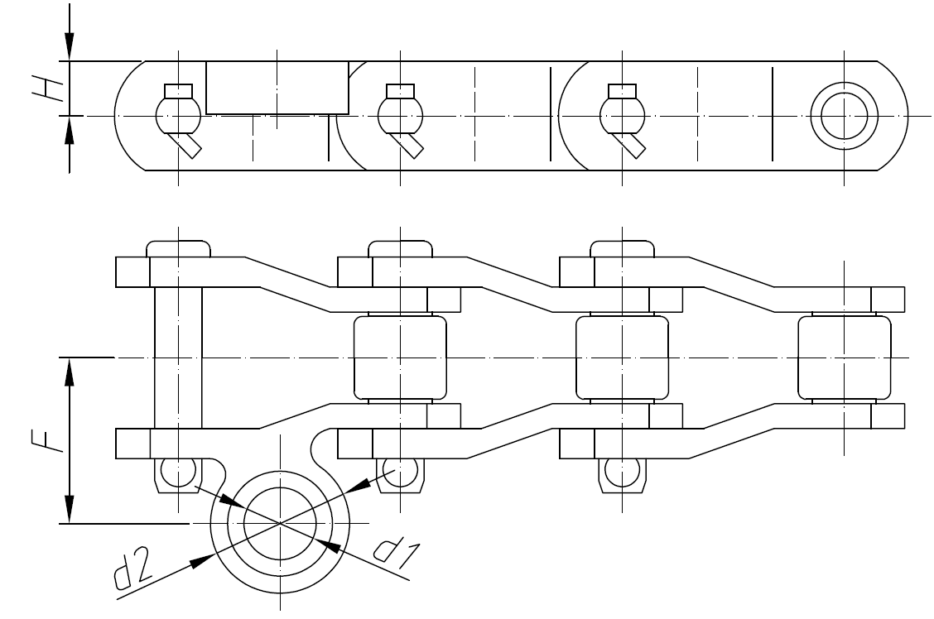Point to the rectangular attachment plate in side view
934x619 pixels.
(x=277, y=87)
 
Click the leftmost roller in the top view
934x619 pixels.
(x=400, y=357)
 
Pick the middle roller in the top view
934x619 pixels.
(x=621, y=357)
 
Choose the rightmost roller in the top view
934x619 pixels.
(x=843, y=357)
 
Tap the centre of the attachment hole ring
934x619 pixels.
(x=281, y=523)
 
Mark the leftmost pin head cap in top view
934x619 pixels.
(x=178, y=249)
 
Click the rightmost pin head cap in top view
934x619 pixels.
(x=621, y=249)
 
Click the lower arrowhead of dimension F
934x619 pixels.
(x=70, y=510)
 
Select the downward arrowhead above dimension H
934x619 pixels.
(x=70, y=46)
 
